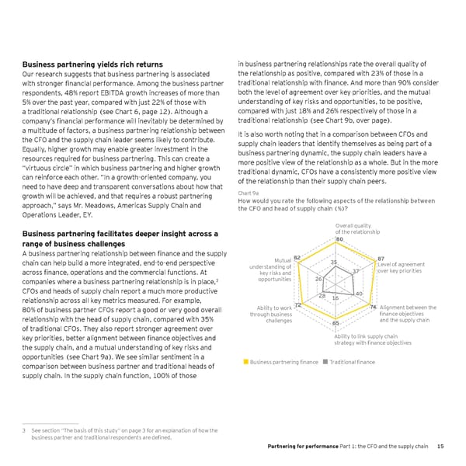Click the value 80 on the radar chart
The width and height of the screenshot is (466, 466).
(339, 238)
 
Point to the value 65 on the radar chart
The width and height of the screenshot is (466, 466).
(336, 323)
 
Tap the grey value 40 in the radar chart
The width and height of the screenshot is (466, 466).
(360, 294)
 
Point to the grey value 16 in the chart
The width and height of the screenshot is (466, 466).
(336, 298)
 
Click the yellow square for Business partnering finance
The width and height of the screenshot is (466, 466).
(245, 363)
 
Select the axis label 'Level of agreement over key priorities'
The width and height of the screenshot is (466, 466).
(401, 269)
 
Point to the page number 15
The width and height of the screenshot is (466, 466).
(440, 446)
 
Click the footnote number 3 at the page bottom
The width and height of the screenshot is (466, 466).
(24, 431)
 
